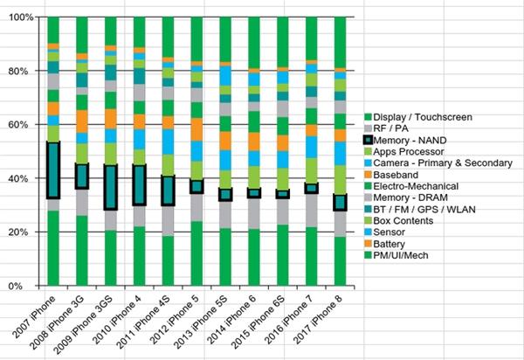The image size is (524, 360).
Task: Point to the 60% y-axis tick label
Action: tap(21, 125)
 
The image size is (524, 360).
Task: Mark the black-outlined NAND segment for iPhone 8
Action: tap(340, 203)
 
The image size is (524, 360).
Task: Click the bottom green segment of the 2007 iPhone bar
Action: tap(53, 248)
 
